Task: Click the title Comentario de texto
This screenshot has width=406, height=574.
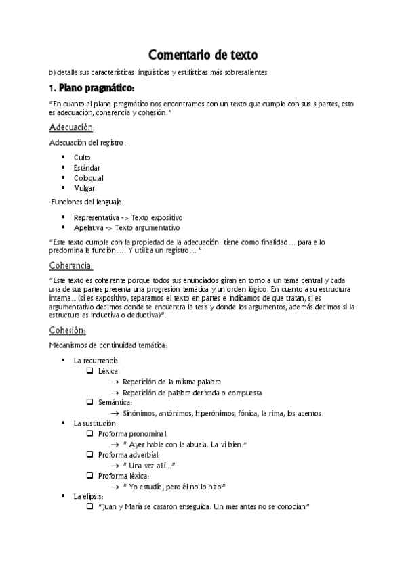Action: point(203,54)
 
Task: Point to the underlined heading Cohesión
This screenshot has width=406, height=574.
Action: point(67,330)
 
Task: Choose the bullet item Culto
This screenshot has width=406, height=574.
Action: point(82,157)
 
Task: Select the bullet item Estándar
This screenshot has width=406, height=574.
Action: point(87,167)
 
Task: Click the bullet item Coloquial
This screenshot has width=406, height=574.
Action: point(89,177)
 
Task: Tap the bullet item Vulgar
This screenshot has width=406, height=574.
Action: point(84,187)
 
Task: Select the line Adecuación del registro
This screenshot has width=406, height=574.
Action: point(87,142)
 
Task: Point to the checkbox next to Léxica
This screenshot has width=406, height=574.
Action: point(90,371)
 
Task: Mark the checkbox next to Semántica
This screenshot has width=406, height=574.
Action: point(90,401)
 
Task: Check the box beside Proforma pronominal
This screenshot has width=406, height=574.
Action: point(90,433)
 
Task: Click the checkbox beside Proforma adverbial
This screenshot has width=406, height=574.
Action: point(90,455)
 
